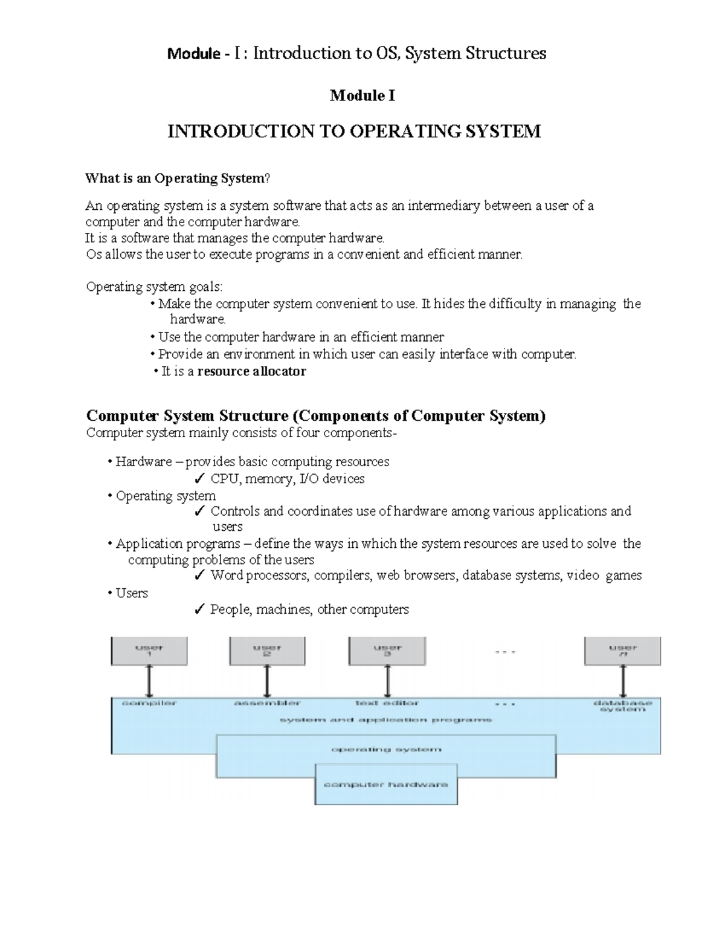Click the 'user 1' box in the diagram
point(149,651)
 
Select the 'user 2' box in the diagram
point(267,651)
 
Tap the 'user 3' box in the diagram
point(387,651)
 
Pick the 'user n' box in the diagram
point(622,651)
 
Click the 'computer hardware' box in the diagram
point(386,784)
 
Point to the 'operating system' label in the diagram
point(386,749)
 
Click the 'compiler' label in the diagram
point(149,703)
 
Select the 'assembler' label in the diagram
point(267,703)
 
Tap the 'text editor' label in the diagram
point(387,703)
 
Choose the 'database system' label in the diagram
point(622,706)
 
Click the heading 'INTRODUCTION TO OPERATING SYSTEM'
point(354,131)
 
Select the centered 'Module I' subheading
point(362,96)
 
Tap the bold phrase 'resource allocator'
point(251,371)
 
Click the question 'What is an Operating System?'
point(178,178)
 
